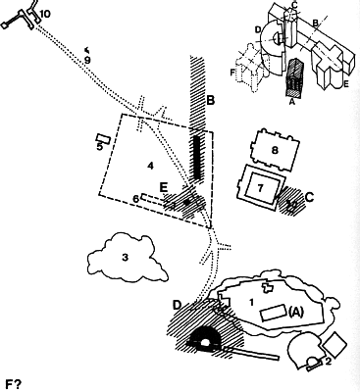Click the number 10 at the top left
(x=45, y=14)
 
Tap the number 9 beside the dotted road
(x=87, y=61)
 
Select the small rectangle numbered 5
(x=103, y=138)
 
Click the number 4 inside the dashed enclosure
(x=150, y=167)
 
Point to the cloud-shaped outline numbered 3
(x=128, y=258)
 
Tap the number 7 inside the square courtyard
(x=260, y=188)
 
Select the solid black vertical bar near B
(x=196, y=157)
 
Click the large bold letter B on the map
(x=210, y=100)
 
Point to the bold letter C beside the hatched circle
(x=309, y=197)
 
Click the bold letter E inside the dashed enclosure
(x=164, y=187)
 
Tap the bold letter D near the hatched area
(x=177, y=305)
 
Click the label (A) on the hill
(x=296, y=313)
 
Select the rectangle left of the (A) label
(x=273, y=313)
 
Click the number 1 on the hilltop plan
(x=251, y=303)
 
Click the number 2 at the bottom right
(x=328, y=361)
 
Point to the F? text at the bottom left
(x=14, y=384)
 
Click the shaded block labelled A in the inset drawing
(x=293, y=77)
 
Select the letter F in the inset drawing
(x=232, y=73)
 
